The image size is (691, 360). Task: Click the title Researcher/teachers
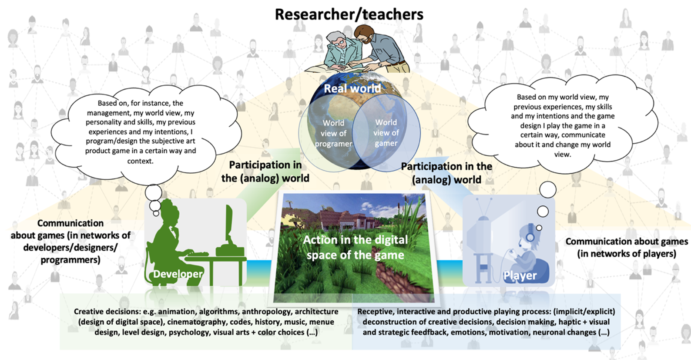(x=349, y=14)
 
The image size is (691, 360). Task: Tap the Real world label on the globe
(x=352, y=88)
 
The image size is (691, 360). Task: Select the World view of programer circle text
(x=333, y=133)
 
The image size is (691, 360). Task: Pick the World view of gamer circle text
(x=386, y=133)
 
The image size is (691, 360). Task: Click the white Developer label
(x=178, y=274)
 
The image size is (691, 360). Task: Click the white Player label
(x=520, y=276)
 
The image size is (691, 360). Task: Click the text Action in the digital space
(x=356, y=247)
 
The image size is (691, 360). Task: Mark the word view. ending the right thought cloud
(x=563, y=154)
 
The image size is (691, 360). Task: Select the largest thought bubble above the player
(x=547, y=190)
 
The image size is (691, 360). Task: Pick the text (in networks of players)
(x=627, y=254)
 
